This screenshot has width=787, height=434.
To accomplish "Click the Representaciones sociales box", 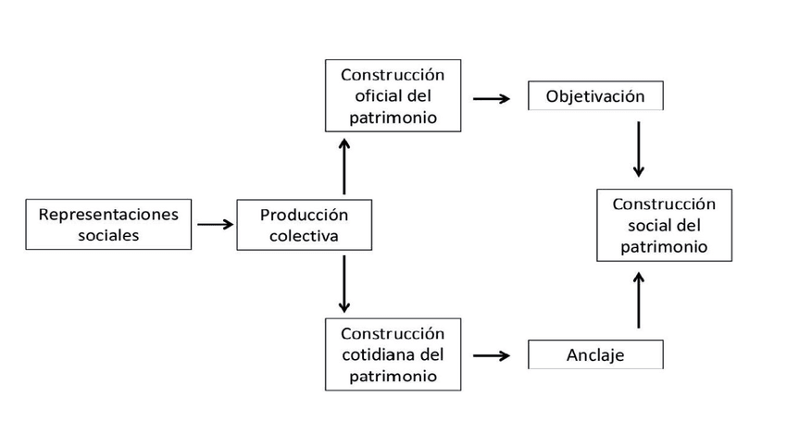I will (108, 225).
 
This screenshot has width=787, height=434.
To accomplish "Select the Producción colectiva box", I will (304, 225).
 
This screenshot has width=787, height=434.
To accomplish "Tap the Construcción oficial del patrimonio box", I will (393, 95).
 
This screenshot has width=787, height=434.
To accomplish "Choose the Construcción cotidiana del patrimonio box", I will (393, 353).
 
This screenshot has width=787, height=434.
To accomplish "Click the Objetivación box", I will (595, 96).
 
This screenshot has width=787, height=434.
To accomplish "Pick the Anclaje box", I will (595, 355).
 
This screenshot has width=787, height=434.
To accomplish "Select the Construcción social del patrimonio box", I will (664, 225).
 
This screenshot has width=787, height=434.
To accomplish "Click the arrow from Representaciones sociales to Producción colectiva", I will (215, 224).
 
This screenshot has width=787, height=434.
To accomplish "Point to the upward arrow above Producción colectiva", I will (344, 166).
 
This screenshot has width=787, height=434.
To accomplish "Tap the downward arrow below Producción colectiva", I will (344, 284).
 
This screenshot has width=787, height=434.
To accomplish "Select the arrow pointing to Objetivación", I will (492, 97).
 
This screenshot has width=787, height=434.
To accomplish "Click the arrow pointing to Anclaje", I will (492, 355).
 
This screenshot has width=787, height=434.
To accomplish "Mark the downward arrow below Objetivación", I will (638, 149).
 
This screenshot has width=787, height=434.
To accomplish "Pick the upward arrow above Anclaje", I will (638, 300).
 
